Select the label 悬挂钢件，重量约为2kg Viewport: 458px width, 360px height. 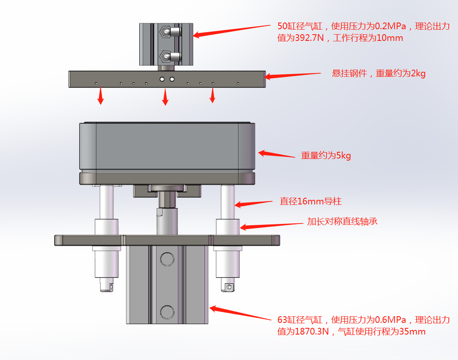tap(378, 73)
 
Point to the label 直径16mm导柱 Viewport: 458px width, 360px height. tap(310, 201)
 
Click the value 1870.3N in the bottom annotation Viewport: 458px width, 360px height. tap(312, 332)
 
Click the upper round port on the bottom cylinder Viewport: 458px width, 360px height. tap(167, 259)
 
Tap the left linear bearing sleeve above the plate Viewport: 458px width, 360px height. tap(107, 227)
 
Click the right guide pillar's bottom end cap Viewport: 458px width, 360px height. tap(227, 287)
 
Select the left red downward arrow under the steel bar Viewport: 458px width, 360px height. tap(100, 96)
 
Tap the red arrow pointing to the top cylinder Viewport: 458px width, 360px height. tap(232, 30)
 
